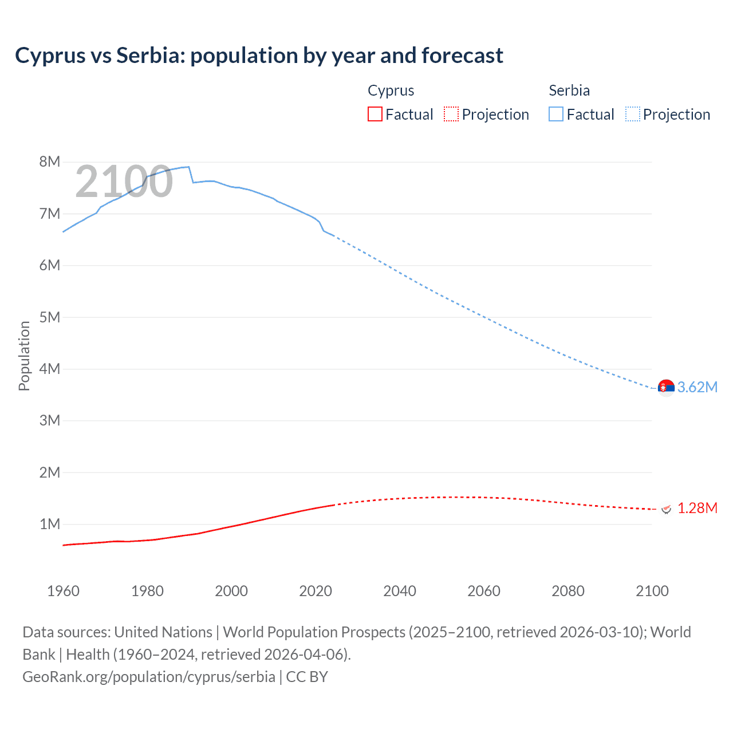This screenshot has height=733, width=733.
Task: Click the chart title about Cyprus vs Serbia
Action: [x=259, y=56]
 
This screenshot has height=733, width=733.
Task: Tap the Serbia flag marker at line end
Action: [x=666, y=387]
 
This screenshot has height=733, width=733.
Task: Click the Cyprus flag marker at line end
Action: [x=666, y=508]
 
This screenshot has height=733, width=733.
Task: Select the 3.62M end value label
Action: [x=697, y=387]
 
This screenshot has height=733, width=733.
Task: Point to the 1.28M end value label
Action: [x=697, y=508]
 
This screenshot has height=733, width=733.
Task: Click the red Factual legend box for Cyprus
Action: [x=375, y=115]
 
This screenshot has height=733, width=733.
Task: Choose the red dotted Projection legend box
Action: [x=451, y=115]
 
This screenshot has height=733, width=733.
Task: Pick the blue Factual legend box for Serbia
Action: [x=555, y=115]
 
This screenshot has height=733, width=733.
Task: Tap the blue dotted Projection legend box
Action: [x=633, y=115]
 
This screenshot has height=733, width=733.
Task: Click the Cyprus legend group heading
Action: [x=391, y=90]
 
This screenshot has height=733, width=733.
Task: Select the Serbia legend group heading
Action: [x=569, y=90]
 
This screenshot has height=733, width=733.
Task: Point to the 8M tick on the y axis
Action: [x=50, y=161]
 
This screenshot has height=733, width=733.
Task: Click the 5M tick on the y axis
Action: [x=50, y=317]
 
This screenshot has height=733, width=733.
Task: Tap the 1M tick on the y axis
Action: [x=50, y=524]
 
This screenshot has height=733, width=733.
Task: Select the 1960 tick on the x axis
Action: [x=63, y=591]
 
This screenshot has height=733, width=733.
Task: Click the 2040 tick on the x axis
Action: [x=400, y=591]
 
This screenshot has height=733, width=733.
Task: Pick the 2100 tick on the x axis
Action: [x=652, y=591]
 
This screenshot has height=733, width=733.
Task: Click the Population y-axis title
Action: [x=24, y=356]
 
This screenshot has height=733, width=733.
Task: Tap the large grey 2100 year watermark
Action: [x=124, y=182]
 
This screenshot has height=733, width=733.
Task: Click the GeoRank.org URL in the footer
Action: [x=149, y=677]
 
